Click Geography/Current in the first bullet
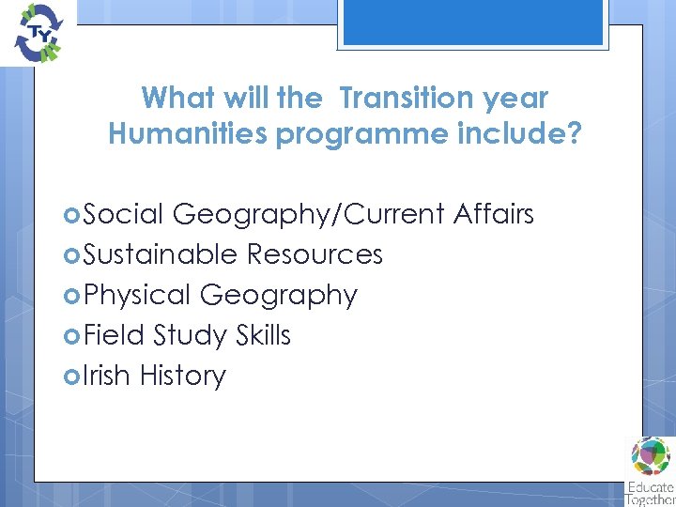tap(309, 214)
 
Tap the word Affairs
tap(493, 214)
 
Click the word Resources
tap(315, 254)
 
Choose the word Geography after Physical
tap(279, 295)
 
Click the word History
tap(183, 376)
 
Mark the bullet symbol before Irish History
tap(71, 376)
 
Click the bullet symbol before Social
tap(71, 215)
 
